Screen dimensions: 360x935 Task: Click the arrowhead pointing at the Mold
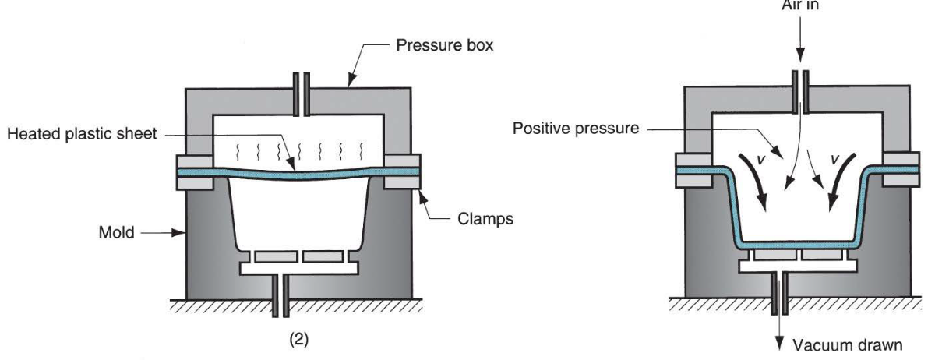pyautogui.click(x=181, y=231)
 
